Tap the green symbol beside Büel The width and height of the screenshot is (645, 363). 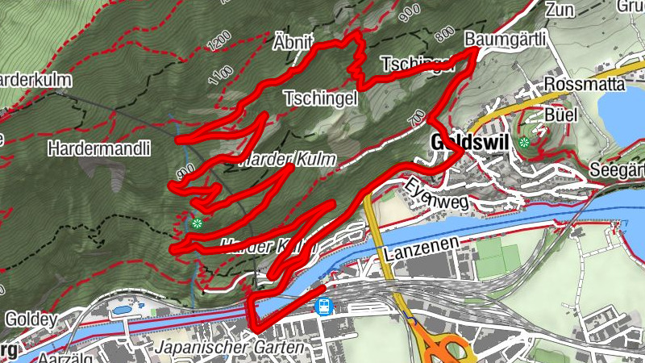pos(524,143)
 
